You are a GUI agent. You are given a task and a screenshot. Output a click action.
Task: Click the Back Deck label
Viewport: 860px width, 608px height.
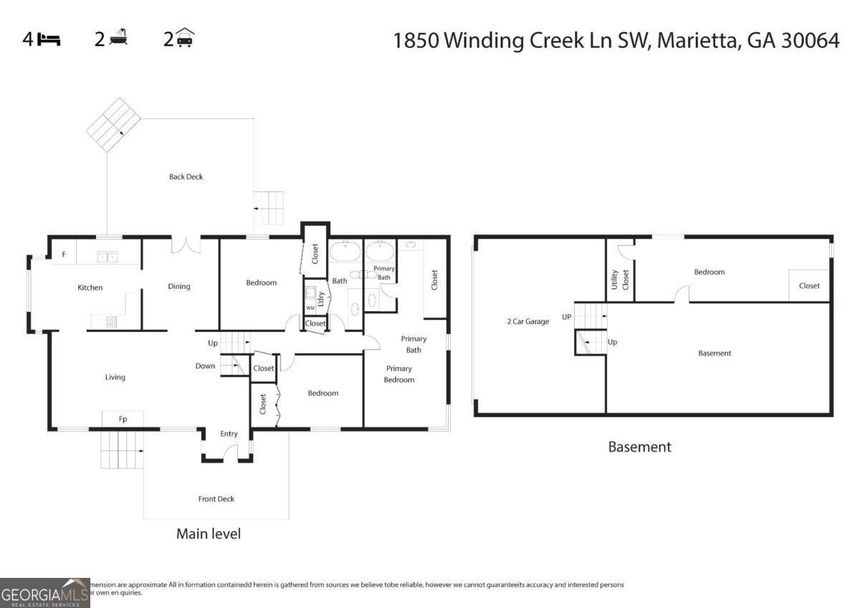click(186, 176)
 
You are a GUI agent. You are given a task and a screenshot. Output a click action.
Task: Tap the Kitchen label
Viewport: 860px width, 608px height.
click(90, 288)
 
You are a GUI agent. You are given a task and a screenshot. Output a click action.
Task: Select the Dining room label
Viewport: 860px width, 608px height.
click(179, 286)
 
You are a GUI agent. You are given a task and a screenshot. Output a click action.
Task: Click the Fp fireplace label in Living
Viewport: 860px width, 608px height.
click(123, 419)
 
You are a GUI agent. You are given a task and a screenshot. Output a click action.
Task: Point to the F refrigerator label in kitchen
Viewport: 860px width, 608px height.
click(64, 255)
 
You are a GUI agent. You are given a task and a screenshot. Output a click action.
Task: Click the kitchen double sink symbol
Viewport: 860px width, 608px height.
click(108, 256)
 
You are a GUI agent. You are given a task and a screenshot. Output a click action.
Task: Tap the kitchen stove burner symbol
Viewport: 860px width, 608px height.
click(112, 322)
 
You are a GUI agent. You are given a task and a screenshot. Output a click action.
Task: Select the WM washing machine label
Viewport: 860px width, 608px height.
click(310, 308)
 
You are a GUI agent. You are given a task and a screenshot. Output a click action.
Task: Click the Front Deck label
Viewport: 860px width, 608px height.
click(216, 499)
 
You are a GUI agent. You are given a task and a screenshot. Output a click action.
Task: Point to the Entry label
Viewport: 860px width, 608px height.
click(229, 434)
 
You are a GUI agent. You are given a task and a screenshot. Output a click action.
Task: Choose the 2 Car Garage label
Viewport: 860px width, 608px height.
click(527, 322)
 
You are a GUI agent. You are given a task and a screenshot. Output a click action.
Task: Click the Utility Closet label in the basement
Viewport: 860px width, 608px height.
click(620, 280)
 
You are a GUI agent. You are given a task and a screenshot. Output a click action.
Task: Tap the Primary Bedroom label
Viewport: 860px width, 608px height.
click(399, 374)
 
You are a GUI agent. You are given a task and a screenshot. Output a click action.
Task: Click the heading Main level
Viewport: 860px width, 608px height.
click(209, 534)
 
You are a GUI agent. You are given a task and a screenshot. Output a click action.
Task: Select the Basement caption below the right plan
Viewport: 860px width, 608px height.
click(639, 447)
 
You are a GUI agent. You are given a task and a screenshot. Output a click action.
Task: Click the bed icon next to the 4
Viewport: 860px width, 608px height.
click(49, 39)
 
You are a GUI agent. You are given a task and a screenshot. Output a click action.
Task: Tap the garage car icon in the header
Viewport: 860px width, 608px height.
click(186, 37)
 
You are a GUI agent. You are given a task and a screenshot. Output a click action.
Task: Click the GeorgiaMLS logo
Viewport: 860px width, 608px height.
click(44, 593)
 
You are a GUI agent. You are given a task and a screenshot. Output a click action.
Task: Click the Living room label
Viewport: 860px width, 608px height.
click(115, 377)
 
